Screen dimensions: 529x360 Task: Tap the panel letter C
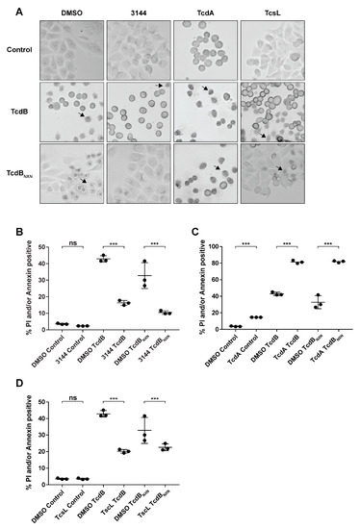coord(193,233)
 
